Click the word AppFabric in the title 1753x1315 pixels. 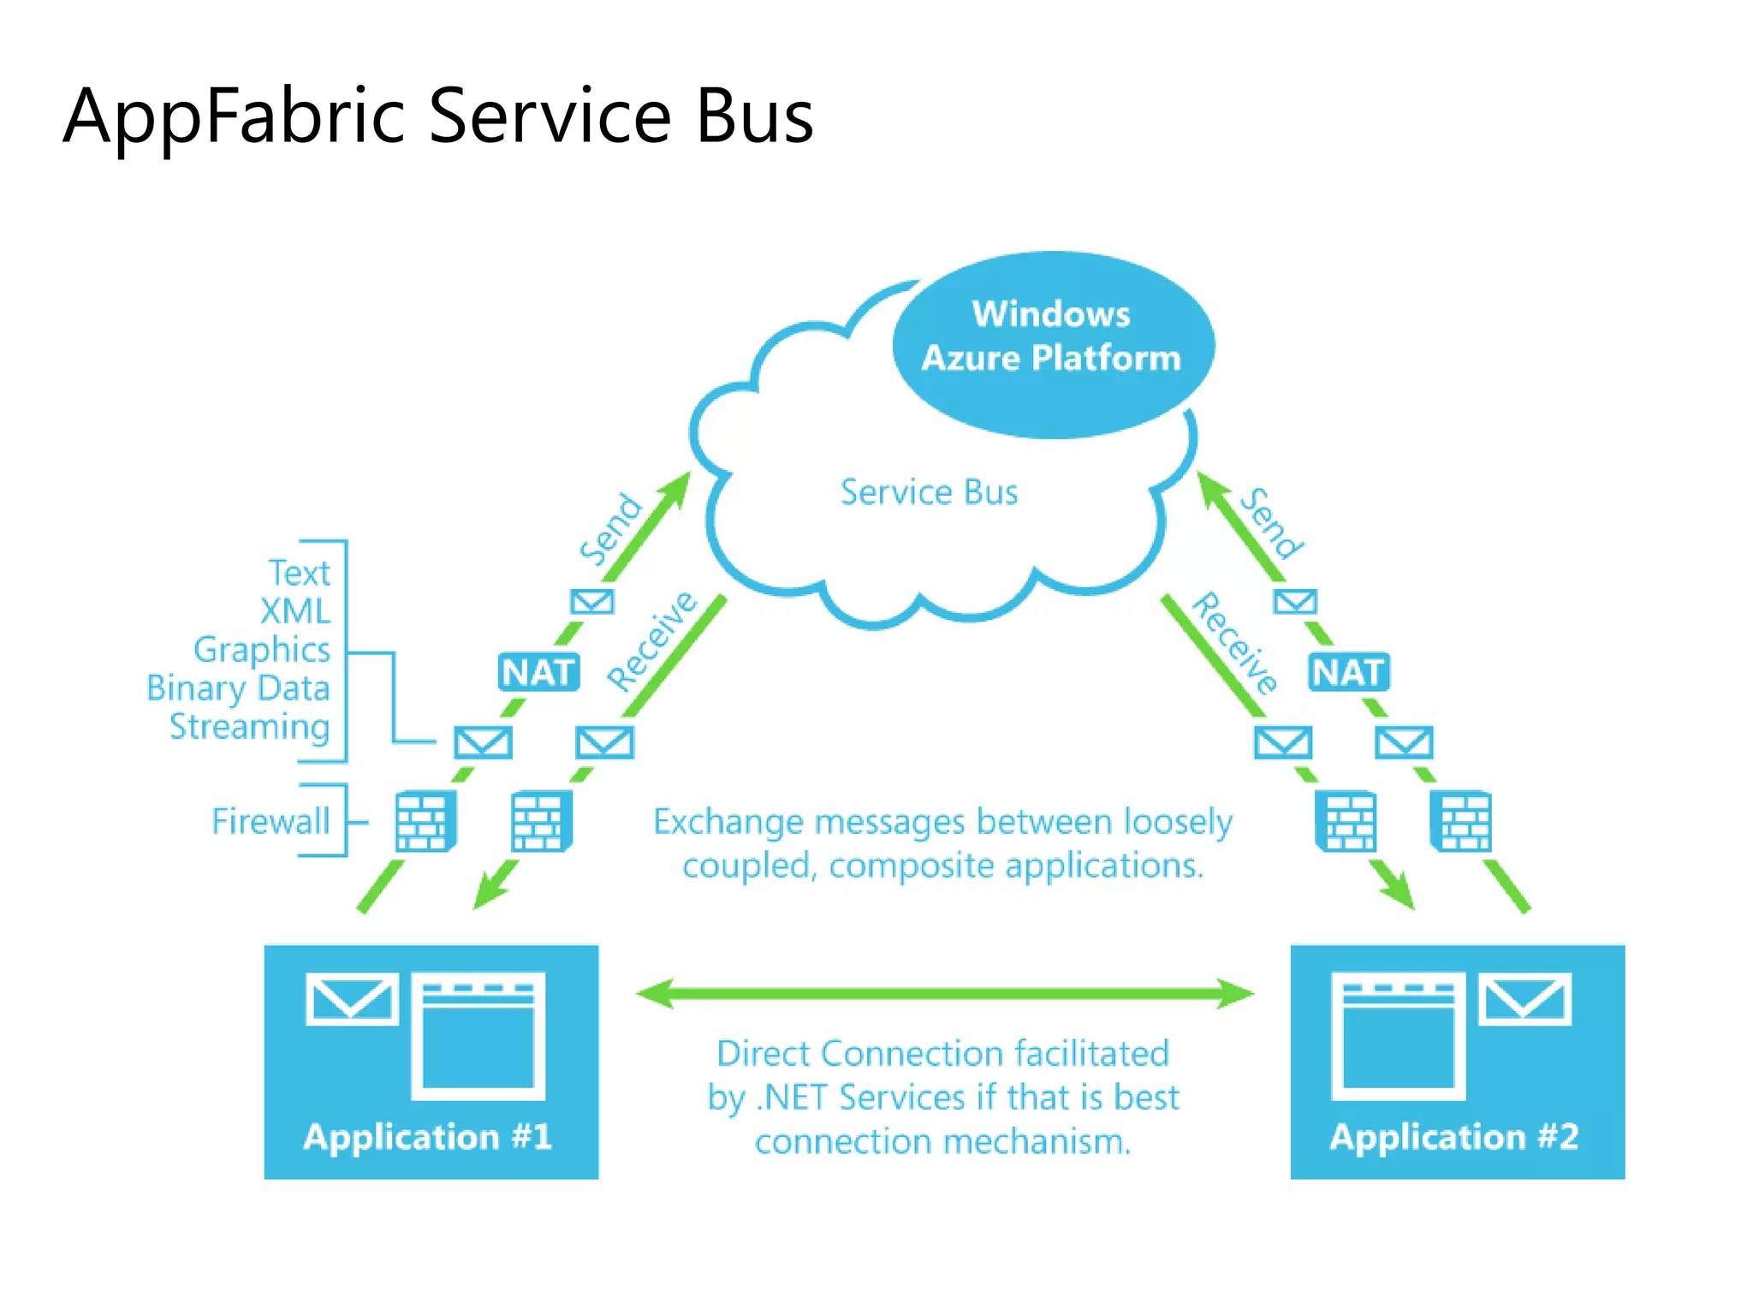pos(233,117)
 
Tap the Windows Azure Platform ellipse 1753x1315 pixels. pos(1052,344)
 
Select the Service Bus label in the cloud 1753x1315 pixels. pos(929,492)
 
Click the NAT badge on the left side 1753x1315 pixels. pos(538,672)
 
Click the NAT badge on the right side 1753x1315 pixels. pos(1348,672)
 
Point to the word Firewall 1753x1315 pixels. pos(270,821)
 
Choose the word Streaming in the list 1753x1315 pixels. pos(249,727)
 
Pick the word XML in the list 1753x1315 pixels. pos(294,611)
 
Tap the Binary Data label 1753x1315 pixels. pos(238,688)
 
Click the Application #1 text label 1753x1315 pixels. pos(427,1137)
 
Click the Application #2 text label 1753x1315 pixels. pos(1453,1137)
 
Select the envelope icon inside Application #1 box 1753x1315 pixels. pos(352,999)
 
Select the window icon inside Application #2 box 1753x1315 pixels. pos(1398,1037)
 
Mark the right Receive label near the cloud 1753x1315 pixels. pos(1234,642)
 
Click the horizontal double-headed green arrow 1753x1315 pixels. pos(944,994)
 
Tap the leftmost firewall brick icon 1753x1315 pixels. pos(425,822)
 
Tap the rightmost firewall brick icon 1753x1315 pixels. pos(1461,822)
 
